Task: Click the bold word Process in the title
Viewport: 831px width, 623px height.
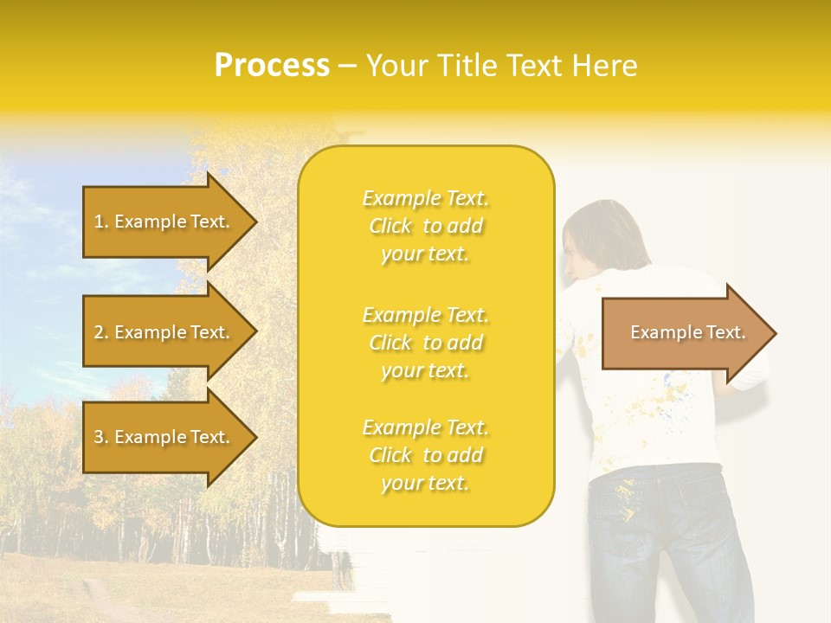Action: [x=272, y=66]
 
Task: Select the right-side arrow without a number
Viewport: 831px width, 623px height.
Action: [x=684, y=333]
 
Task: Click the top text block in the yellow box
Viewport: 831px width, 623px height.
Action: [x=426, y=226]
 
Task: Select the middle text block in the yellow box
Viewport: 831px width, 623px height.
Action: [x=426, y=343]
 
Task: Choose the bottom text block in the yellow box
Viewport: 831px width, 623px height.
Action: [x=426, y=455]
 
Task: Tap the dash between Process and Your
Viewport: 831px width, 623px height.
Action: [x=347, y=66]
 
